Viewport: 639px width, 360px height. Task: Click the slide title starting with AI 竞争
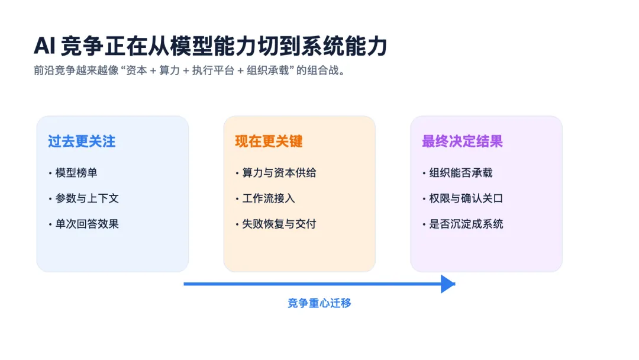[210, 46]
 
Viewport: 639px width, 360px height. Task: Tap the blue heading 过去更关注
[82, 142]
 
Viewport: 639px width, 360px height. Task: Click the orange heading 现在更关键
[269, 142]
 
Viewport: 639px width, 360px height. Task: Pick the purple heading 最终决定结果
[462, 142]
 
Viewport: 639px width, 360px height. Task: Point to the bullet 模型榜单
[76, 173]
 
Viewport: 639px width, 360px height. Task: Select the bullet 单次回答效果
[87, 224]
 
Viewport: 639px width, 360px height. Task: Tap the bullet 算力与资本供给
[279, 173]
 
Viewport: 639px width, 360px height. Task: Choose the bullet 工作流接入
[269, 198]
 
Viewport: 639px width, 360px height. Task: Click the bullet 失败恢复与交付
[279, 224]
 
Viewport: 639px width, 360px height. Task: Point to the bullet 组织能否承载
[461, 173]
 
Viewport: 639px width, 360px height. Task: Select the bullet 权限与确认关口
[466, 198]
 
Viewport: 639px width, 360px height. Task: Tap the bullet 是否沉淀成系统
[466, 224]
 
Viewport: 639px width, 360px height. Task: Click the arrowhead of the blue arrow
[448, 284]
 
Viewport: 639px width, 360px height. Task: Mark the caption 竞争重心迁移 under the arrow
[319, 303]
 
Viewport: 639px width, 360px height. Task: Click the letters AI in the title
[44, 46]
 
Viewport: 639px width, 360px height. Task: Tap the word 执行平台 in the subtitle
[211, 70]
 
